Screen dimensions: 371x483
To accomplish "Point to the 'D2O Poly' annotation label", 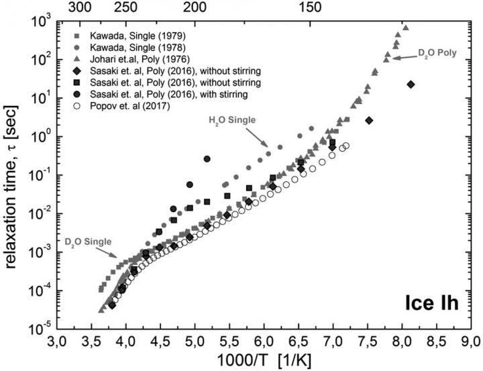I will (438, 52).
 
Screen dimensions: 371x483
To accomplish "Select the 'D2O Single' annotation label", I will (91, 240).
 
